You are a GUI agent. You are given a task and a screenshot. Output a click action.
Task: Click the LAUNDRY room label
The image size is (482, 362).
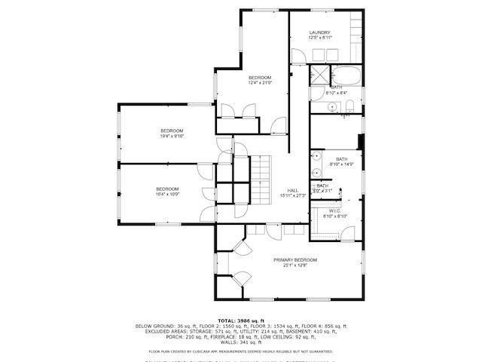pyautogui.click(x=321, y=32)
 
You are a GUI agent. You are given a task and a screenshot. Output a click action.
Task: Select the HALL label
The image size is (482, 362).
pyautogui.click(x=293, y=190)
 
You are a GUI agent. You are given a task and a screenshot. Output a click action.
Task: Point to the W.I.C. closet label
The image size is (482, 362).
pyautogui.click(x=335, y=211)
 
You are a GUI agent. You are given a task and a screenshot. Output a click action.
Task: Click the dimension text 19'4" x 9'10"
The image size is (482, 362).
pyautogui.click(x=172, y=137)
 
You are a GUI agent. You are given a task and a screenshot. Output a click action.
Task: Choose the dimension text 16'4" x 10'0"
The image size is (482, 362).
pyautogui.click(x=167, y=194)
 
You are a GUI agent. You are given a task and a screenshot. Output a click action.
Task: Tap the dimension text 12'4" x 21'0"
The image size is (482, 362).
pyautogui.click(x=260, y=83)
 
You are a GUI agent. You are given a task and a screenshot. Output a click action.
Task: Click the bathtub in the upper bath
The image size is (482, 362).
pyautogui.click(x=346, y=76)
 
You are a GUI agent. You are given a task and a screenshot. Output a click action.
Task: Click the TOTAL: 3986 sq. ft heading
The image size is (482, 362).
pyautogui.click(x=241, y=321)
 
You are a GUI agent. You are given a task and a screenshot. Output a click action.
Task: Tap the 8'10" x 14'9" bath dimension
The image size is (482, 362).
pyautogui.click(x=342, y=164)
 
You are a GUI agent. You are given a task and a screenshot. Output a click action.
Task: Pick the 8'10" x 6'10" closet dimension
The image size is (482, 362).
pyautogui.click(x=335, y=216)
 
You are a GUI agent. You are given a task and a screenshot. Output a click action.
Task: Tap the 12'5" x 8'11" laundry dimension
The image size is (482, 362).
pyautogui.click(x=321, y=38)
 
